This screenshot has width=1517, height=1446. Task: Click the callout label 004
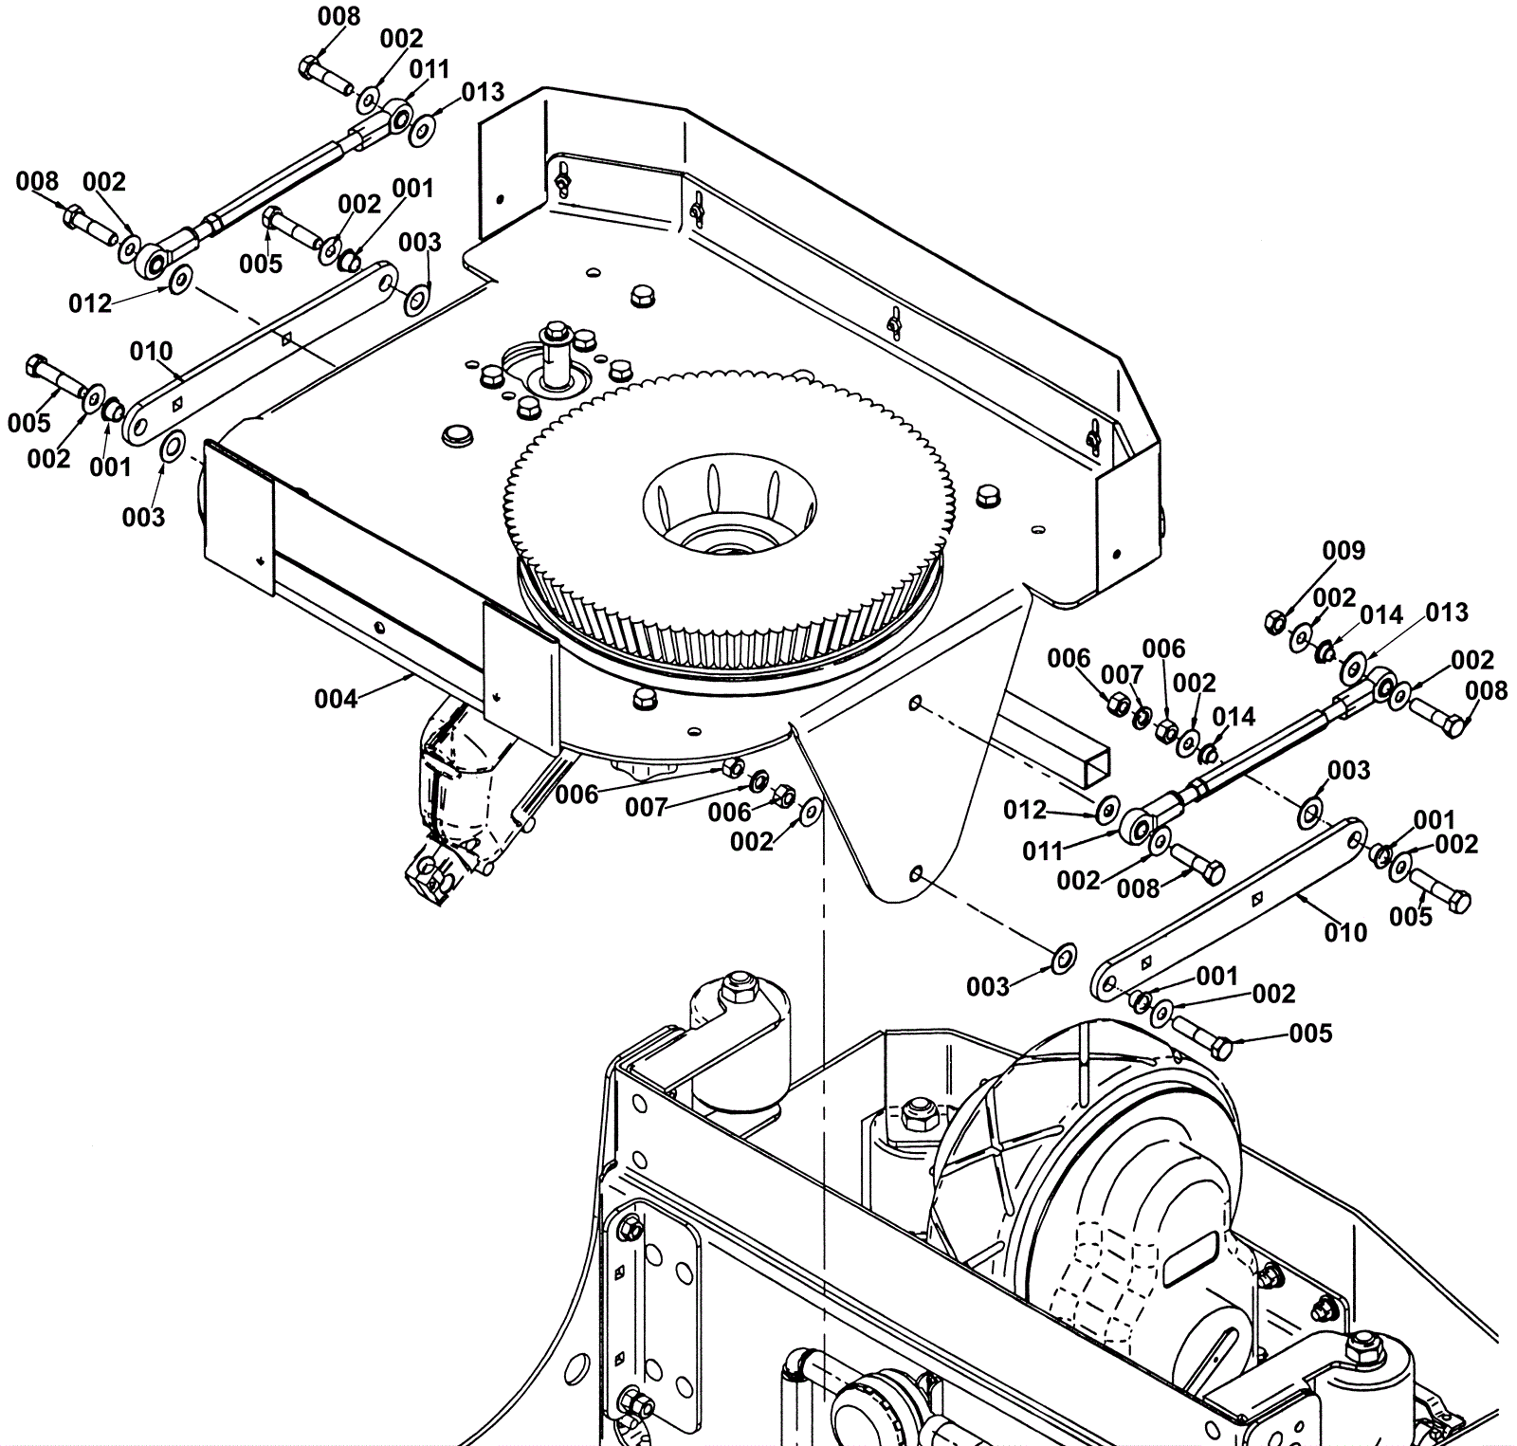coord(336,700)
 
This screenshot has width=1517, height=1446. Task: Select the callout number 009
coord(1343,551)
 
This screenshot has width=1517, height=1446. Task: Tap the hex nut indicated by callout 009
coord(1275,622)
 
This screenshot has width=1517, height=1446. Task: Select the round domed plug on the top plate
coord(458,435)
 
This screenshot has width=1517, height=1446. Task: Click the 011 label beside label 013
coord(429,70)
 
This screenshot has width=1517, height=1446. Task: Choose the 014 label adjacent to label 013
coord(1381,615)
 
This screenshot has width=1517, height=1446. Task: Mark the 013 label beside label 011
coord(483,92)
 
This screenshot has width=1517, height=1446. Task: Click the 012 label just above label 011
coord(1025,810)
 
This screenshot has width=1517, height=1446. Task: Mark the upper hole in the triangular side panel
coord(915,703)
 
